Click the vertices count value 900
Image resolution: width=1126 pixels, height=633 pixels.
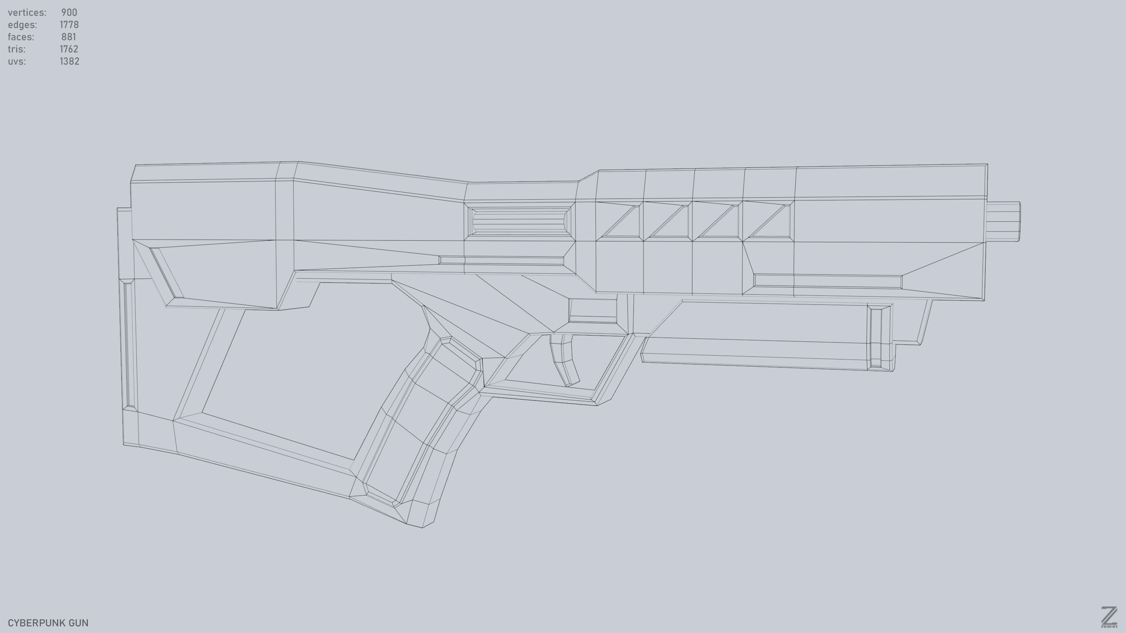69,13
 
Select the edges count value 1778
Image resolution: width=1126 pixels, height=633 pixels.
69,25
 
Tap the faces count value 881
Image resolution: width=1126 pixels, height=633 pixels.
69,37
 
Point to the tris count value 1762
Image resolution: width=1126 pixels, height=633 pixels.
69,49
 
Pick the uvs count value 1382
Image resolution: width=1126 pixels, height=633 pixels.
69,62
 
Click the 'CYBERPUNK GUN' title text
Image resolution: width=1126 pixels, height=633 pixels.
48,623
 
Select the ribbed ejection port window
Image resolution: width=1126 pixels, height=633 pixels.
520,221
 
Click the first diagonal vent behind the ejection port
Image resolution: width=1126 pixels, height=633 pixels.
621,221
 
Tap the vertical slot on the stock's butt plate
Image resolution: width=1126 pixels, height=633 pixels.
129,345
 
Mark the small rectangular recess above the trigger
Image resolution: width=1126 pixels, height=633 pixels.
593,311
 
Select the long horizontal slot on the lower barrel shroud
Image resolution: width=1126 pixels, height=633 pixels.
827,281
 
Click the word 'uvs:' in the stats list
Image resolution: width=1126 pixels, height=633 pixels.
16,62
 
